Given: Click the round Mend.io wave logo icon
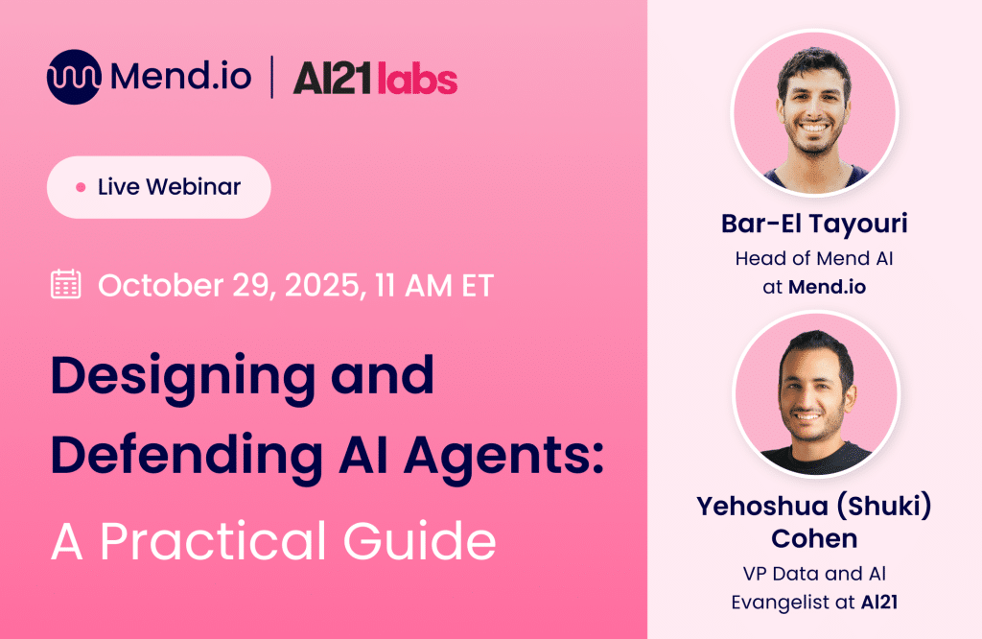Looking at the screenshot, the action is [x=74, y=77].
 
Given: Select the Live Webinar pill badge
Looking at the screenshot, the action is [x=159, y=187].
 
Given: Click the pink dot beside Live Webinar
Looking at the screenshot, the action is [x=81, y=187].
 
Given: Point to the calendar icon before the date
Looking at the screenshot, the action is [x=66, y=284].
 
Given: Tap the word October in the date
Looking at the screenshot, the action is [x=161, y=285].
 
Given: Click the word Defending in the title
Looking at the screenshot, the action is [x=187, y=454].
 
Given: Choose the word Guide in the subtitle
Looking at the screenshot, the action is [x=420, y=539].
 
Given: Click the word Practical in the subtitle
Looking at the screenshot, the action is [x=213, y=539].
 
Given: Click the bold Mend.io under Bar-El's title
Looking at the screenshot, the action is [x=828, y=287].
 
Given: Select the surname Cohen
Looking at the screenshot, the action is [x=814, y=539].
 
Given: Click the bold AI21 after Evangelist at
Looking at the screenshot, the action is [x=879, y=603].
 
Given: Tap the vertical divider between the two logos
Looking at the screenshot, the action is [x=271, y=77].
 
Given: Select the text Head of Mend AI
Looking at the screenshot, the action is [x=814, y=258].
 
